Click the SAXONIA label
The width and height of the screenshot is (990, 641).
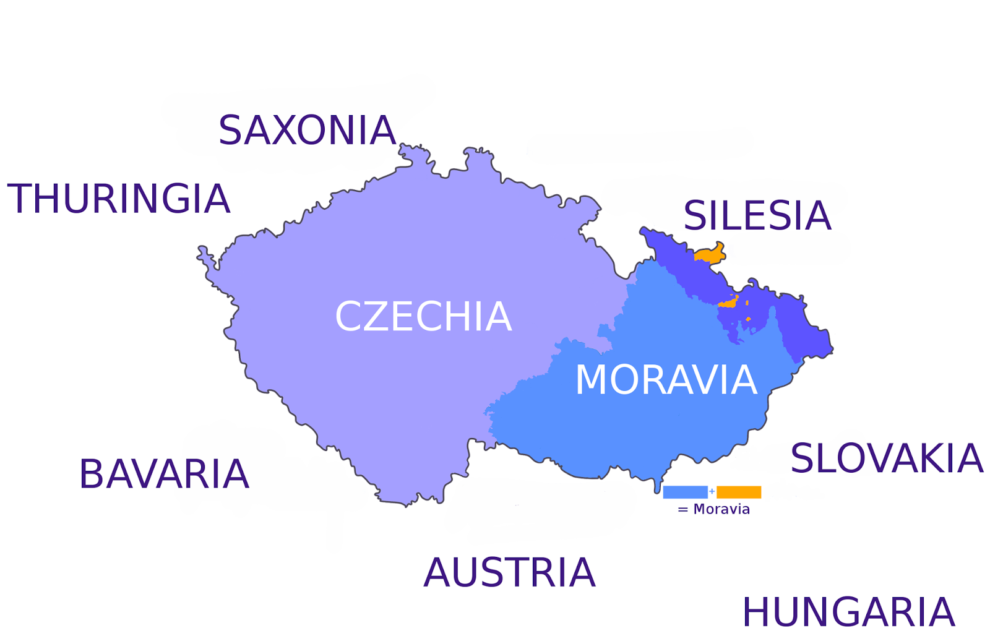[x=307, y=131]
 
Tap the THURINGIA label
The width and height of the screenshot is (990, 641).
[x=118, y=199]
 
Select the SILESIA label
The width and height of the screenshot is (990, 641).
[x=757, y=216]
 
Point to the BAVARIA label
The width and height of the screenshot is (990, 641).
[x=164, y=475]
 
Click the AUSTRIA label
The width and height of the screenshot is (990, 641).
[x=509, y=573]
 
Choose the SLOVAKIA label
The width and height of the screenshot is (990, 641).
[x=886, y=459]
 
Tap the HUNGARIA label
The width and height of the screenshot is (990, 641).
[x=848, y=613]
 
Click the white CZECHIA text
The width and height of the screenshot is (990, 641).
[x=423, y=317]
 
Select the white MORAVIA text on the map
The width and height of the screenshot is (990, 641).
[x=666, y=380]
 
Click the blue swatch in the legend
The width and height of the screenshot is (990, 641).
[x=685, y=492]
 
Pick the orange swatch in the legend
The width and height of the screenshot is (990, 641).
[x=739, y=492]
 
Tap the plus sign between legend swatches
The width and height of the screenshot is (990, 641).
[x=712, y=491]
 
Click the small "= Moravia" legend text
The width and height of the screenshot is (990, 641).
[x=714, y=509]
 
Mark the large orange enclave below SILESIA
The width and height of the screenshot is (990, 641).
[x=710, y=254]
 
